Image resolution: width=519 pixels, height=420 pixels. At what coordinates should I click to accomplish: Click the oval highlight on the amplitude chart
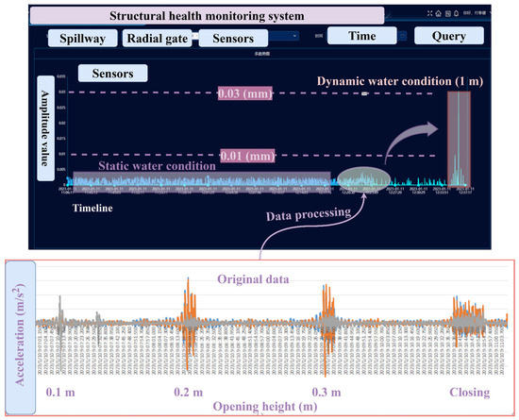tap(361, 177)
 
